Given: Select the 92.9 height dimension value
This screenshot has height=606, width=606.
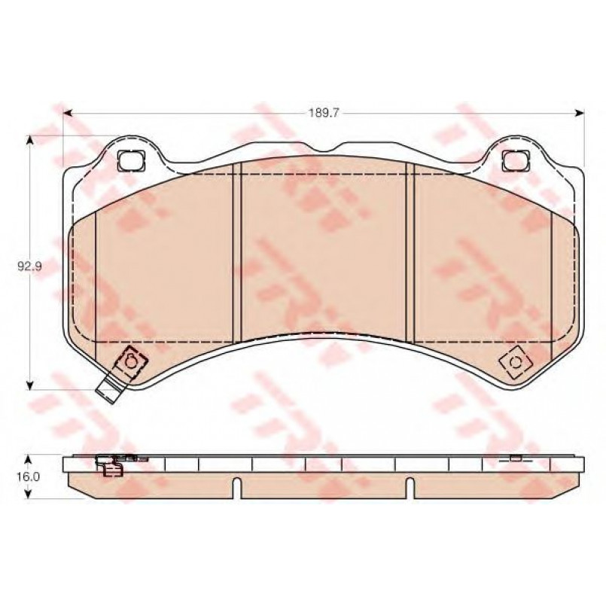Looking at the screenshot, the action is coord(29,266).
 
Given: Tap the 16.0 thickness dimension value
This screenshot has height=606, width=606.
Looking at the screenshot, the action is coord(28,477).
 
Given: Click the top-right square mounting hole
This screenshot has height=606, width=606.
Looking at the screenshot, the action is coord(516,160).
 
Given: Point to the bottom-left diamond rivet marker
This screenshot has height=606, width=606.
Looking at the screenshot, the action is coord(130,362).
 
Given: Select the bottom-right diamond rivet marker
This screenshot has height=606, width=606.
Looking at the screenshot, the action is coord(515,363).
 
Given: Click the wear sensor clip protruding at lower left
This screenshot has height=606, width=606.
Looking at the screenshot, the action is coord(109,388).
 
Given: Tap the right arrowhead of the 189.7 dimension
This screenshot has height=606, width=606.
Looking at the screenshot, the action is coord(580,113).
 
